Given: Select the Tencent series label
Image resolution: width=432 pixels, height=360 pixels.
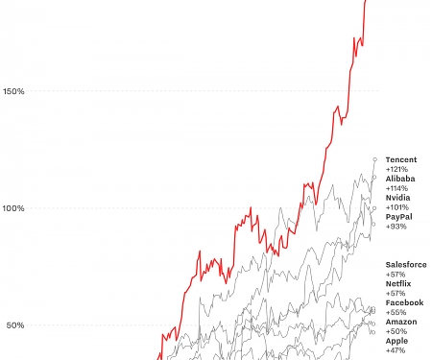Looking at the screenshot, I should (400, 159).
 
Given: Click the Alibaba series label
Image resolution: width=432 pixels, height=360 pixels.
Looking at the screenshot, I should (400, 179).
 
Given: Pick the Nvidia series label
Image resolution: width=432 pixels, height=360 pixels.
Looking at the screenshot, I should (398, 198).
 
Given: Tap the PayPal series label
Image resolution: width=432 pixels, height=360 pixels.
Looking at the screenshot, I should (399, 217).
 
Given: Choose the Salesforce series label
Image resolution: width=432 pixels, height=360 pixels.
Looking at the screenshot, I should (406, 264).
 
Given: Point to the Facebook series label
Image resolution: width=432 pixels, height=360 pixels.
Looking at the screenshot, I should (404, 302).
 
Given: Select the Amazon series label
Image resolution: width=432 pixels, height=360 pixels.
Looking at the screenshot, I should (401, 322).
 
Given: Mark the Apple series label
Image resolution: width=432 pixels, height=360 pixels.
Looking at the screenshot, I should (397, 341).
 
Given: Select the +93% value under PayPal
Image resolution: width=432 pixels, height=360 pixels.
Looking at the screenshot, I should (396, 227).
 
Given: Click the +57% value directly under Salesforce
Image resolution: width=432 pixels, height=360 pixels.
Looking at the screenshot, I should (396, 274).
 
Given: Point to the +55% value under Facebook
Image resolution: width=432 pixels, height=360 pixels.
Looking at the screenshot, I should (396, 312).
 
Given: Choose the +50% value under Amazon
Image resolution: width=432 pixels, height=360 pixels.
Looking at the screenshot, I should (396, 331).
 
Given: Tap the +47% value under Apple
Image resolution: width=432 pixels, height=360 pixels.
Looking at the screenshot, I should (396, 350).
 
